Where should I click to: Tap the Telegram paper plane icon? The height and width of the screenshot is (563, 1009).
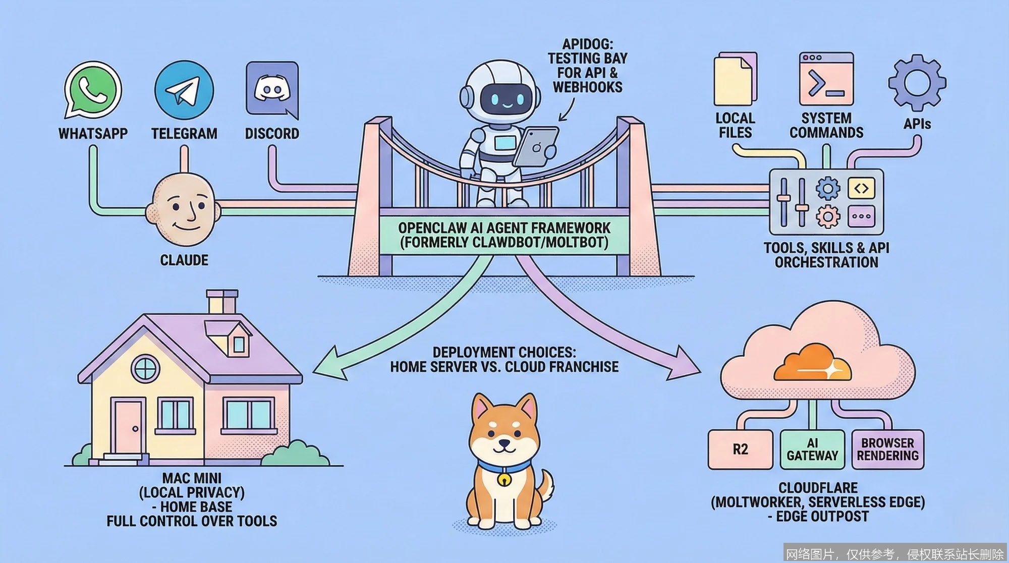coord(184,90)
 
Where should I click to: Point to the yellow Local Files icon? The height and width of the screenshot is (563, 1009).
coord(735,79)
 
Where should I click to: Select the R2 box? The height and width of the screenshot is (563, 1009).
coord(740,449)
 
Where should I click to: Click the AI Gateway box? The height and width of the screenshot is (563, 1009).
coord(812,449)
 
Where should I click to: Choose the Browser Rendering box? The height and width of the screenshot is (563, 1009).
coord(887,449)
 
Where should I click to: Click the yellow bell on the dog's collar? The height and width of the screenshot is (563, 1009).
coord(503,479)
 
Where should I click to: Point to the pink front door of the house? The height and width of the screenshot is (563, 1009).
coord(128,427)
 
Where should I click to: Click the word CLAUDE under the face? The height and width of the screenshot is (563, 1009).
coord(184,260)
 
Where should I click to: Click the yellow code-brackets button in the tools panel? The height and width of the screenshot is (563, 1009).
coord(861,189)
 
